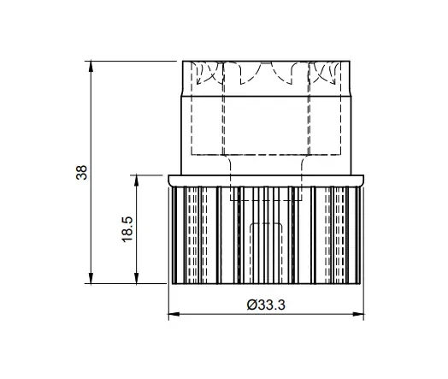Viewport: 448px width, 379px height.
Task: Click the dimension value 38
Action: point(81,172)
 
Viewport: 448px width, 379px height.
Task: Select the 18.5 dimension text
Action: point(127,229)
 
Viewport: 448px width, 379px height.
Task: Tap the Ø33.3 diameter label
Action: point(266,305)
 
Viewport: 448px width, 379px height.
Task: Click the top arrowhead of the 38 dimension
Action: point(91,68)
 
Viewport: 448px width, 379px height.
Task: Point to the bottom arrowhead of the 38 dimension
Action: point(91,278)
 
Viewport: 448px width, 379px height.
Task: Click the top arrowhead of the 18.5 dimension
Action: point(136,181)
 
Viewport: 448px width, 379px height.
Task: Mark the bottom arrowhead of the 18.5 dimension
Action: point(136,278)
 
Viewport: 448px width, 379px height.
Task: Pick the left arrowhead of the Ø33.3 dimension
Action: point(174,314)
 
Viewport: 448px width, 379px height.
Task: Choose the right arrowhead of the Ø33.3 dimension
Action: point(357,314)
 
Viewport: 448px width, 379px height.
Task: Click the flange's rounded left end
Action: point(169,181)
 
